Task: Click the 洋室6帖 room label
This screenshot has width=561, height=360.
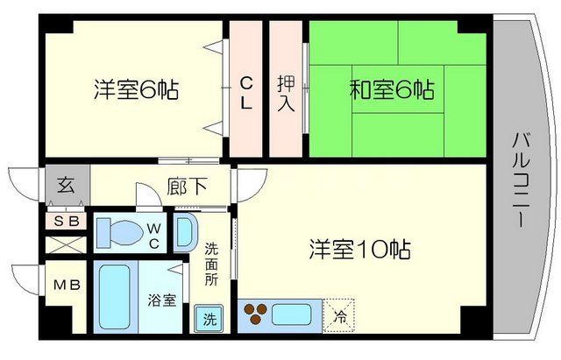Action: (x=137, y=89)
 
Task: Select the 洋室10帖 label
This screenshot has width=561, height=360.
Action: (x=359, y=249)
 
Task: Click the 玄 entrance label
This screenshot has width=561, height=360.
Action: (x=67, y=185)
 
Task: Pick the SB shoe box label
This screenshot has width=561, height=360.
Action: (x=67, y=222)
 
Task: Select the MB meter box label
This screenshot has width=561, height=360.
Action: (x=67, y=286)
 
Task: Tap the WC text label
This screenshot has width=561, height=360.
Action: (x=153, y=234)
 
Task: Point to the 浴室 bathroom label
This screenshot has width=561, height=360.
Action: (x=162, y=300)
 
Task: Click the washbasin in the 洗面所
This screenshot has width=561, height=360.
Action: (x=186, y=233)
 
